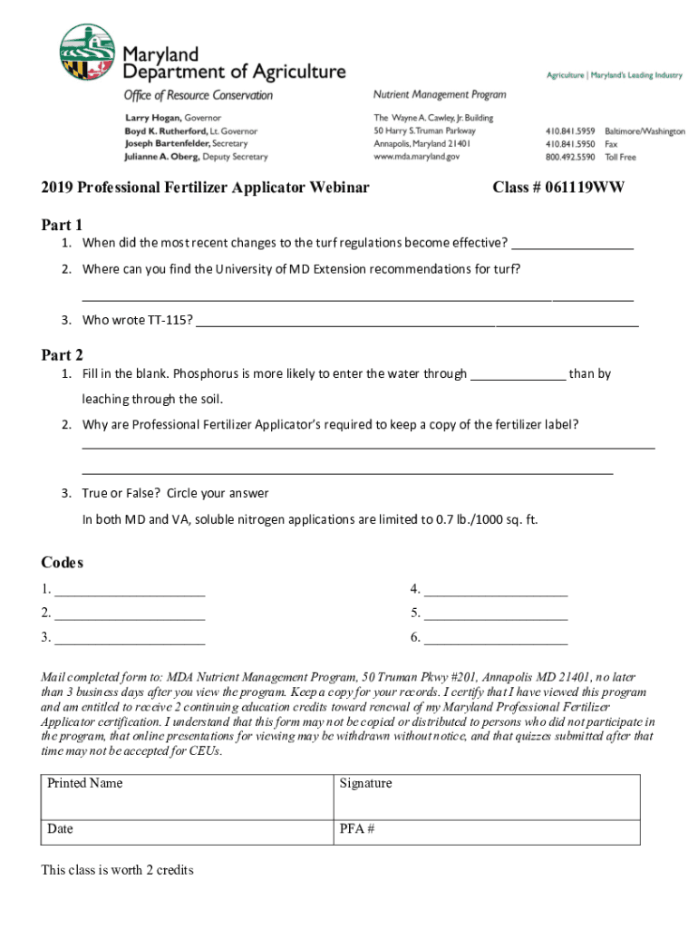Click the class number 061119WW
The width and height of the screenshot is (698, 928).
point(558,188)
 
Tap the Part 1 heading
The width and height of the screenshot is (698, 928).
point(62,225)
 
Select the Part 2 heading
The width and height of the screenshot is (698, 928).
point(62,355)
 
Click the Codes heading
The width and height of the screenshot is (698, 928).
point(62,563)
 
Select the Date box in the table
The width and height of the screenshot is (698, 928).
point(187,831)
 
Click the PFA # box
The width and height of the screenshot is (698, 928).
point(487,831)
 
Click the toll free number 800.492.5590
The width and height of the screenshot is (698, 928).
point(569,157)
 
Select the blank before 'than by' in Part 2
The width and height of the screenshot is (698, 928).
point(518,375)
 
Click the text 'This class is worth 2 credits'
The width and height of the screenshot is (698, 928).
point(117,870)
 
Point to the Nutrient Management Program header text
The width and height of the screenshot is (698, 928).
point(440,94)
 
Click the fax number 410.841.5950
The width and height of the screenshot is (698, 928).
point(569,144)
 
